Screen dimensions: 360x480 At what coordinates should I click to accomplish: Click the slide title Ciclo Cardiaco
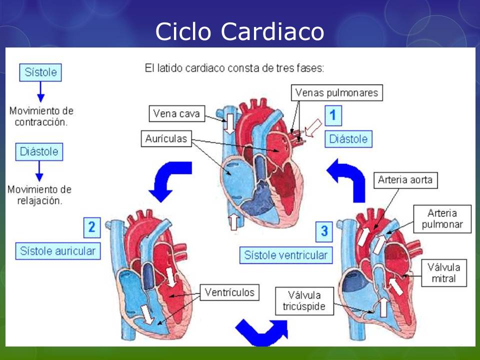point(239,31)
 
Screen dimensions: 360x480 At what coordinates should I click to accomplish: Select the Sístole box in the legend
point(41,72)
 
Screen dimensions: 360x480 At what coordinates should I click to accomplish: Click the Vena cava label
point(176,114)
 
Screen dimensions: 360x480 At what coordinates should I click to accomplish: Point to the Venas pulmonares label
point(336,92)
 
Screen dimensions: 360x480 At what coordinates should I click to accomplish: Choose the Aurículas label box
point(166,139)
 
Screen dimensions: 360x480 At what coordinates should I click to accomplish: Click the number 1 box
point(333,115)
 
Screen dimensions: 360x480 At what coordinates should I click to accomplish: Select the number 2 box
point(91,227)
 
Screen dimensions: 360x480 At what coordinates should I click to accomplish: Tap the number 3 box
point(324,231)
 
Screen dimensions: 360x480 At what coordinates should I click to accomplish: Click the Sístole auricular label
point(57,250)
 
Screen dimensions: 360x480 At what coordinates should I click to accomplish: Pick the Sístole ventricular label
point(286,255)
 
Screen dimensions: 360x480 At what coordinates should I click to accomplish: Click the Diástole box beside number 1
point(348,139)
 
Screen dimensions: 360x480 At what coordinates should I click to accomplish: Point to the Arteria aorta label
point(405,179)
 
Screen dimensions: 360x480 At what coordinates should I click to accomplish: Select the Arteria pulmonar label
point(442,219)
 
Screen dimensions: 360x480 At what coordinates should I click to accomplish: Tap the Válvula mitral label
point(443,272)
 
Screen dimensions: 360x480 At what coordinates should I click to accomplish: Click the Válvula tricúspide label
point(303,300)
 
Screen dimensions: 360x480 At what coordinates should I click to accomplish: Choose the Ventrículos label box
point(229,292)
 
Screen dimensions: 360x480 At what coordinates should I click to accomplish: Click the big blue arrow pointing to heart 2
point(170,179)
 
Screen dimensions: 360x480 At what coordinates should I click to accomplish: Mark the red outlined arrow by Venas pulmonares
point(313,128)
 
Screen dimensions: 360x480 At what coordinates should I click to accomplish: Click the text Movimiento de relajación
point(39,195)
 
